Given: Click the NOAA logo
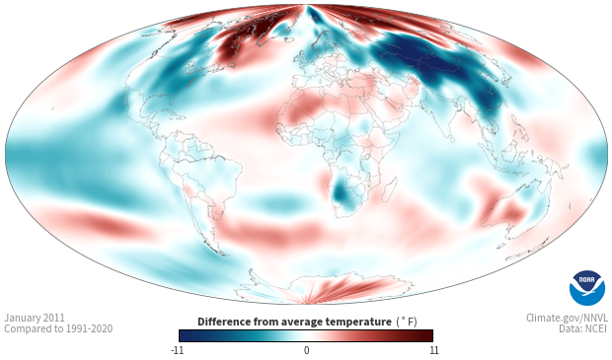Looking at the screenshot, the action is click(x=587, y=287).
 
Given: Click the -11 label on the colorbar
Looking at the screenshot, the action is click(x=177, y=350).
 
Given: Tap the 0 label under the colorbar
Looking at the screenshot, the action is click(x=306, y=350).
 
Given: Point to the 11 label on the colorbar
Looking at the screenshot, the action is click(x=433, y=350).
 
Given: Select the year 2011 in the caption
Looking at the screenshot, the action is click(x=53, y=318).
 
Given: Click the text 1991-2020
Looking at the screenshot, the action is click(x=89, y=328).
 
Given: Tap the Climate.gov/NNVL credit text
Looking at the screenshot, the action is click(x=567, y=318).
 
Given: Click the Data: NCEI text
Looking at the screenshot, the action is click(x=583, y=328).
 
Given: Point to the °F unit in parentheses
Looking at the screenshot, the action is click(x=407, y=322).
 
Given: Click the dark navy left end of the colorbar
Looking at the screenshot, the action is click(x=185, y=335).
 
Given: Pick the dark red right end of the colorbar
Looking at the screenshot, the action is click(x=427, y=335).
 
